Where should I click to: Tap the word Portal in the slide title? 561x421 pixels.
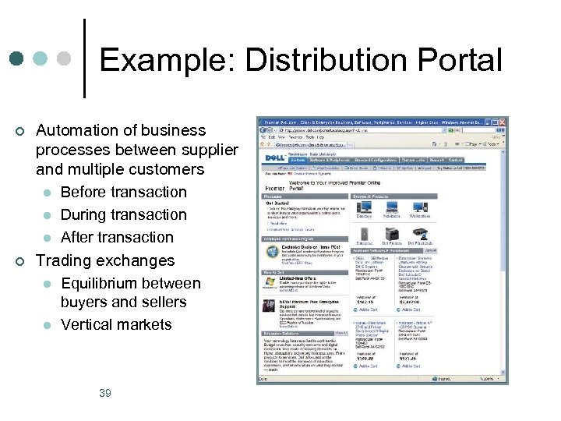(460, 61)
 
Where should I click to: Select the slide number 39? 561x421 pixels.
(105, 393)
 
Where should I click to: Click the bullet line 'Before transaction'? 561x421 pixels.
(124, 192)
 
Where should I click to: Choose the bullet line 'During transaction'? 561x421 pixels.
(124, 214)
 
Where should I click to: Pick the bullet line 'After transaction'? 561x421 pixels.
(117, 237)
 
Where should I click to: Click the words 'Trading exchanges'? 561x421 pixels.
(106, 260)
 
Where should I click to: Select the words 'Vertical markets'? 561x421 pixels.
(116, 324)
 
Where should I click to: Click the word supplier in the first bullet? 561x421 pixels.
(208, 150)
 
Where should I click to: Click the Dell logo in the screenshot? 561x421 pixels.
(274, 158)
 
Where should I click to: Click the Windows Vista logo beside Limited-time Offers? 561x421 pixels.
(270, 282)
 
